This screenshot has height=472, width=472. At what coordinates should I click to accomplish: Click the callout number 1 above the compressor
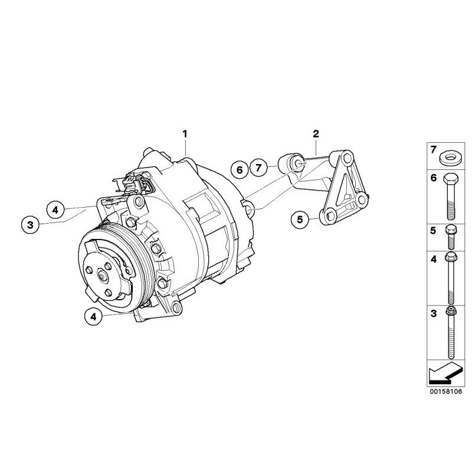coord(185,133)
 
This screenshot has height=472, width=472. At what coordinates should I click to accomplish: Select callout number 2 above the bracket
coord(316,133)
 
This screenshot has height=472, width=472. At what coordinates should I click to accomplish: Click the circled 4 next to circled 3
coord(55,209)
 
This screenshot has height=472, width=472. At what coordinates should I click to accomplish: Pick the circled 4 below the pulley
coord(93,316)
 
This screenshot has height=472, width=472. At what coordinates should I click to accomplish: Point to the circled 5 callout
coord(300,220)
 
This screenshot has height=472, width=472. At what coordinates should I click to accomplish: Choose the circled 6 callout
coord(240,169)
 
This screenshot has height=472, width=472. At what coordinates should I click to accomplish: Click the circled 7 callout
coord(258,168)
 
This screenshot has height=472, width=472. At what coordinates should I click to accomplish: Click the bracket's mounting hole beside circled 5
coord(329,215)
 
